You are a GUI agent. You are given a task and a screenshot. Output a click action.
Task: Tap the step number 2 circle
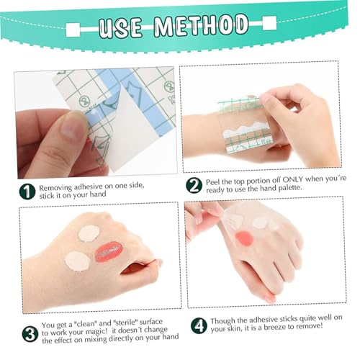click(194, 186)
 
